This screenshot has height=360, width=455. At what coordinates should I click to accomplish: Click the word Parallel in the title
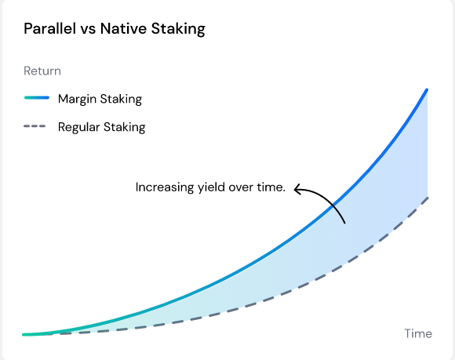(49, 30)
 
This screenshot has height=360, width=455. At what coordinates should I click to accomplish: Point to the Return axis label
(42, 71)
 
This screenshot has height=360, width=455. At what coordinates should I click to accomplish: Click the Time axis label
(418, 333)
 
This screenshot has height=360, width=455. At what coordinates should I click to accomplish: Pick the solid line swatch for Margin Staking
(37, 99)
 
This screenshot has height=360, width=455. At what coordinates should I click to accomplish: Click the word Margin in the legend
(76, 99)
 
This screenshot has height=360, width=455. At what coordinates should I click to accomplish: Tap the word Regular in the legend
(79, 127)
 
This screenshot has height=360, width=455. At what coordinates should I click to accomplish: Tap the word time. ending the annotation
(271, 187)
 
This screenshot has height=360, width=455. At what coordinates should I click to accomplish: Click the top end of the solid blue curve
(427, 89)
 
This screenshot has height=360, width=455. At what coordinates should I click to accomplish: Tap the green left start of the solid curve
(27, 334)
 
